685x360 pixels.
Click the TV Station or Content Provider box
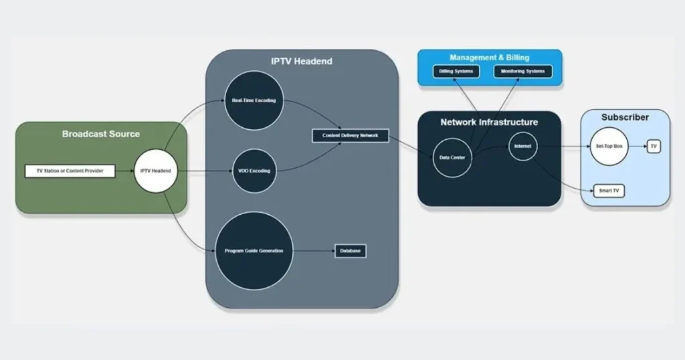pyautogui.click(x=70, y=171)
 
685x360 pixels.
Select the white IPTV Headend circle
pyautogui.click(x=155, y=171)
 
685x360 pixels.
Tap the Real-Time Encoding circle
pyautogui.click(x=254, y=100)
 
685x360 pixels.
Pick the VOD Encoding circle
pyautogui.click(x=254, y=171)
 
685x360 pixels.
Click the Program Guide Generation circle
pyautogui.click(x=254, y=251)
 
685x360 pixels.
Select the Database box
pyautogui.click(x=351, y=251)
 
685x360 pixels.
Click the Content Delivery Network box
pyautogui.click(x=350, y=135)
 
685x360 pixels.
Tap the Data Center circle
pyautogui.click(x=452, y=157)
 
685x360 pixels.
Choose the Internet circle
pyautogui.click(x=522, y=146)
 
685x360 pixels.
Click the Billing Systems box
pyautogui.click(x=456, y=71)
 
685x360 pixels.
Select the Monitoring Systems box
pyautogui.click(x=523, y=71)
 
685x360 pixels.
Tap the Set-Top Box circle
pyautogui.click(x=609, y=146)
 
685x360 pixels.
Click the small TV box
pyautogui.click(x=654, y=146)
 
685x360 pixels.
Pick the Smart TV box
pyautogui.click(x=609, y=191)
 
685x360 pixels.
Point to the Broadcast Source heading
pyautogui.click(x=101, y=134)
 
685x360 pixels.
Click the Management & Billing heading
pyautogui.click(x=490, y=58)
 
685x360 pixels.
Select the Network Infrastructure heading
pyautogui.click(x=489, y=122)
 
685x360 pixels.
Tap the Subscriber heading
pyautogui.click(x=625, y=117)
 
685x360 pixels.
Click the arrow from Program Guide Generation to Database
pyautogui.click(x=314, y=251)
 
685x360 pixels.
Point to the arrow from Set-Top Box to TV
pyautogui.click(x=638, y=146)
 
